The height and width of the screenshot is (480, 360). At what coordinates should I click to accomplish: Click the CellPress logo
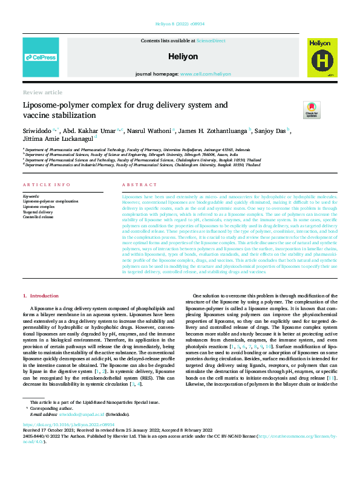41,57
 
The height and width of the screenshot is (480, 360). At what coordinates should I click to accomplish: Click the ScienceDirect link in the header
211,40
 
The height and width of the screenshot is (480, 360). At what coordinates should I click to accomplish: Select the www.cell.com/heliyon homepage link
206,74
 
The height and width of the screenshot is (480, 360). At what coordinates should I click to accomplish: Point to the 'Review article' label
42,92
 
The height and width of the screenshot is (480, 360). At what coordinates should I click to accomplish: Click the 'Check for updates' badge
311,109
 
